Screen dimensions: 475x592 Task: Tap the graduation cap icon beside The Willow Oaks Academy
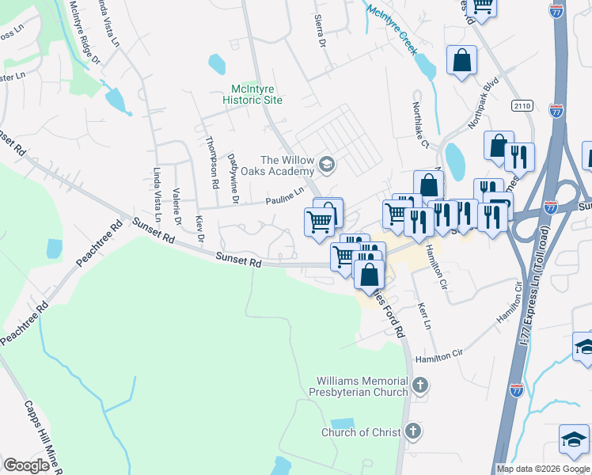point(327,165)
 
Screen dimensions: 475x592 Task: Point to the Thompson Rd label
point(211,162)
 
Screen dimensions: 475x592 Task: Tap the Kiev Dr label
point(200,228)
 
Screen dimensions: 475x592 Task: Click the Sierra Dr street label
point(321,30)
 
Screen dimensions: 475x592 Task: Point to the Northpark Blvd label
point(485,113)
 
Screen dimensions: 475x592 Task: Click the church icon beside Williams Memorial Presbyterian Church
point(419,386)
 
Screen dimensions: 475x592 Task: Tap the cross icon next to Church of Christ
point(412,431)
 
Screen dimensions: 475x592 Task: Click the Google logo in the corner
point(26,465)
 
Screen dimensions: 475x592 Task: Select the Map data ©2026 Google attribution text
point(542,469)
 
